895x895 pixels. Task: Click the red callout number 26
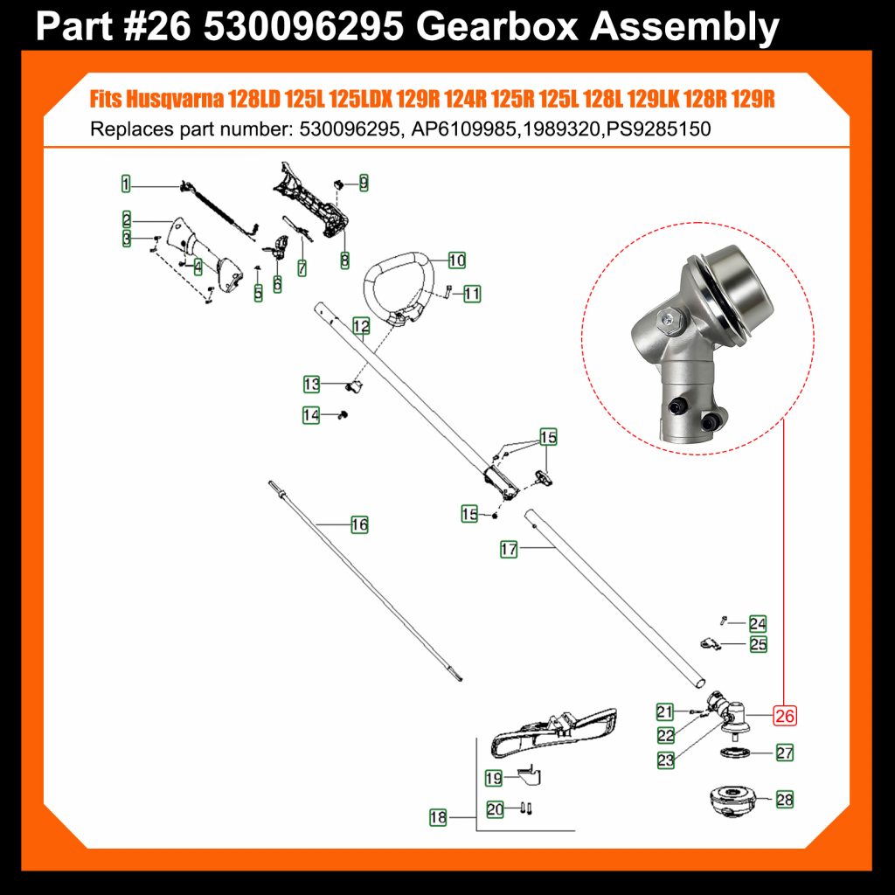pyautogui.click(x=784, y=715)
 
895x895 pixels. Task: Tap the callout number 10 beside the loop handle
pyautogui.click(x=456, y=260)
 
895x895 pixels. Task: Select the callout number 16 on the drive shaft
pyautogui.click(x=359, y=524)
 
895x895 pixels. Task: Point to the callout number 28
pyautogui.click(x=784, y=799)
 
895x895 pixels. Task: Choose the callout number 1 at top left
pyautogui.click(x=126, y=184)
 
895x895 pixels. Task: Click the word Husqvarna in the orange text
pyautogui.click(x=174, y=99)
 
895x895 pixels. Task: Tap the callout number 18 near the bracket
pyautogui.click(x=438, y=817)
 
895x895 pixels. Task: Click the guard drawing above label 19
pyautogui.click(x=553, y=733)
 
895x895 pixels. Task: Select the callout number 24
pyautogui.click(x=758, y=623)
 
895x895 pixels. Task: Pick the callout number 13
pyautogui.click(x=312, y=385)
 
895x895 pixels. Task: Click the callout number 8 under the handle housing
pyautogui.click(x=344, y=260)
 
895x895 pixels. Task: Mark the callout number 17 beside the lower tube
pyautogui.click(x=509, y=550)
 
